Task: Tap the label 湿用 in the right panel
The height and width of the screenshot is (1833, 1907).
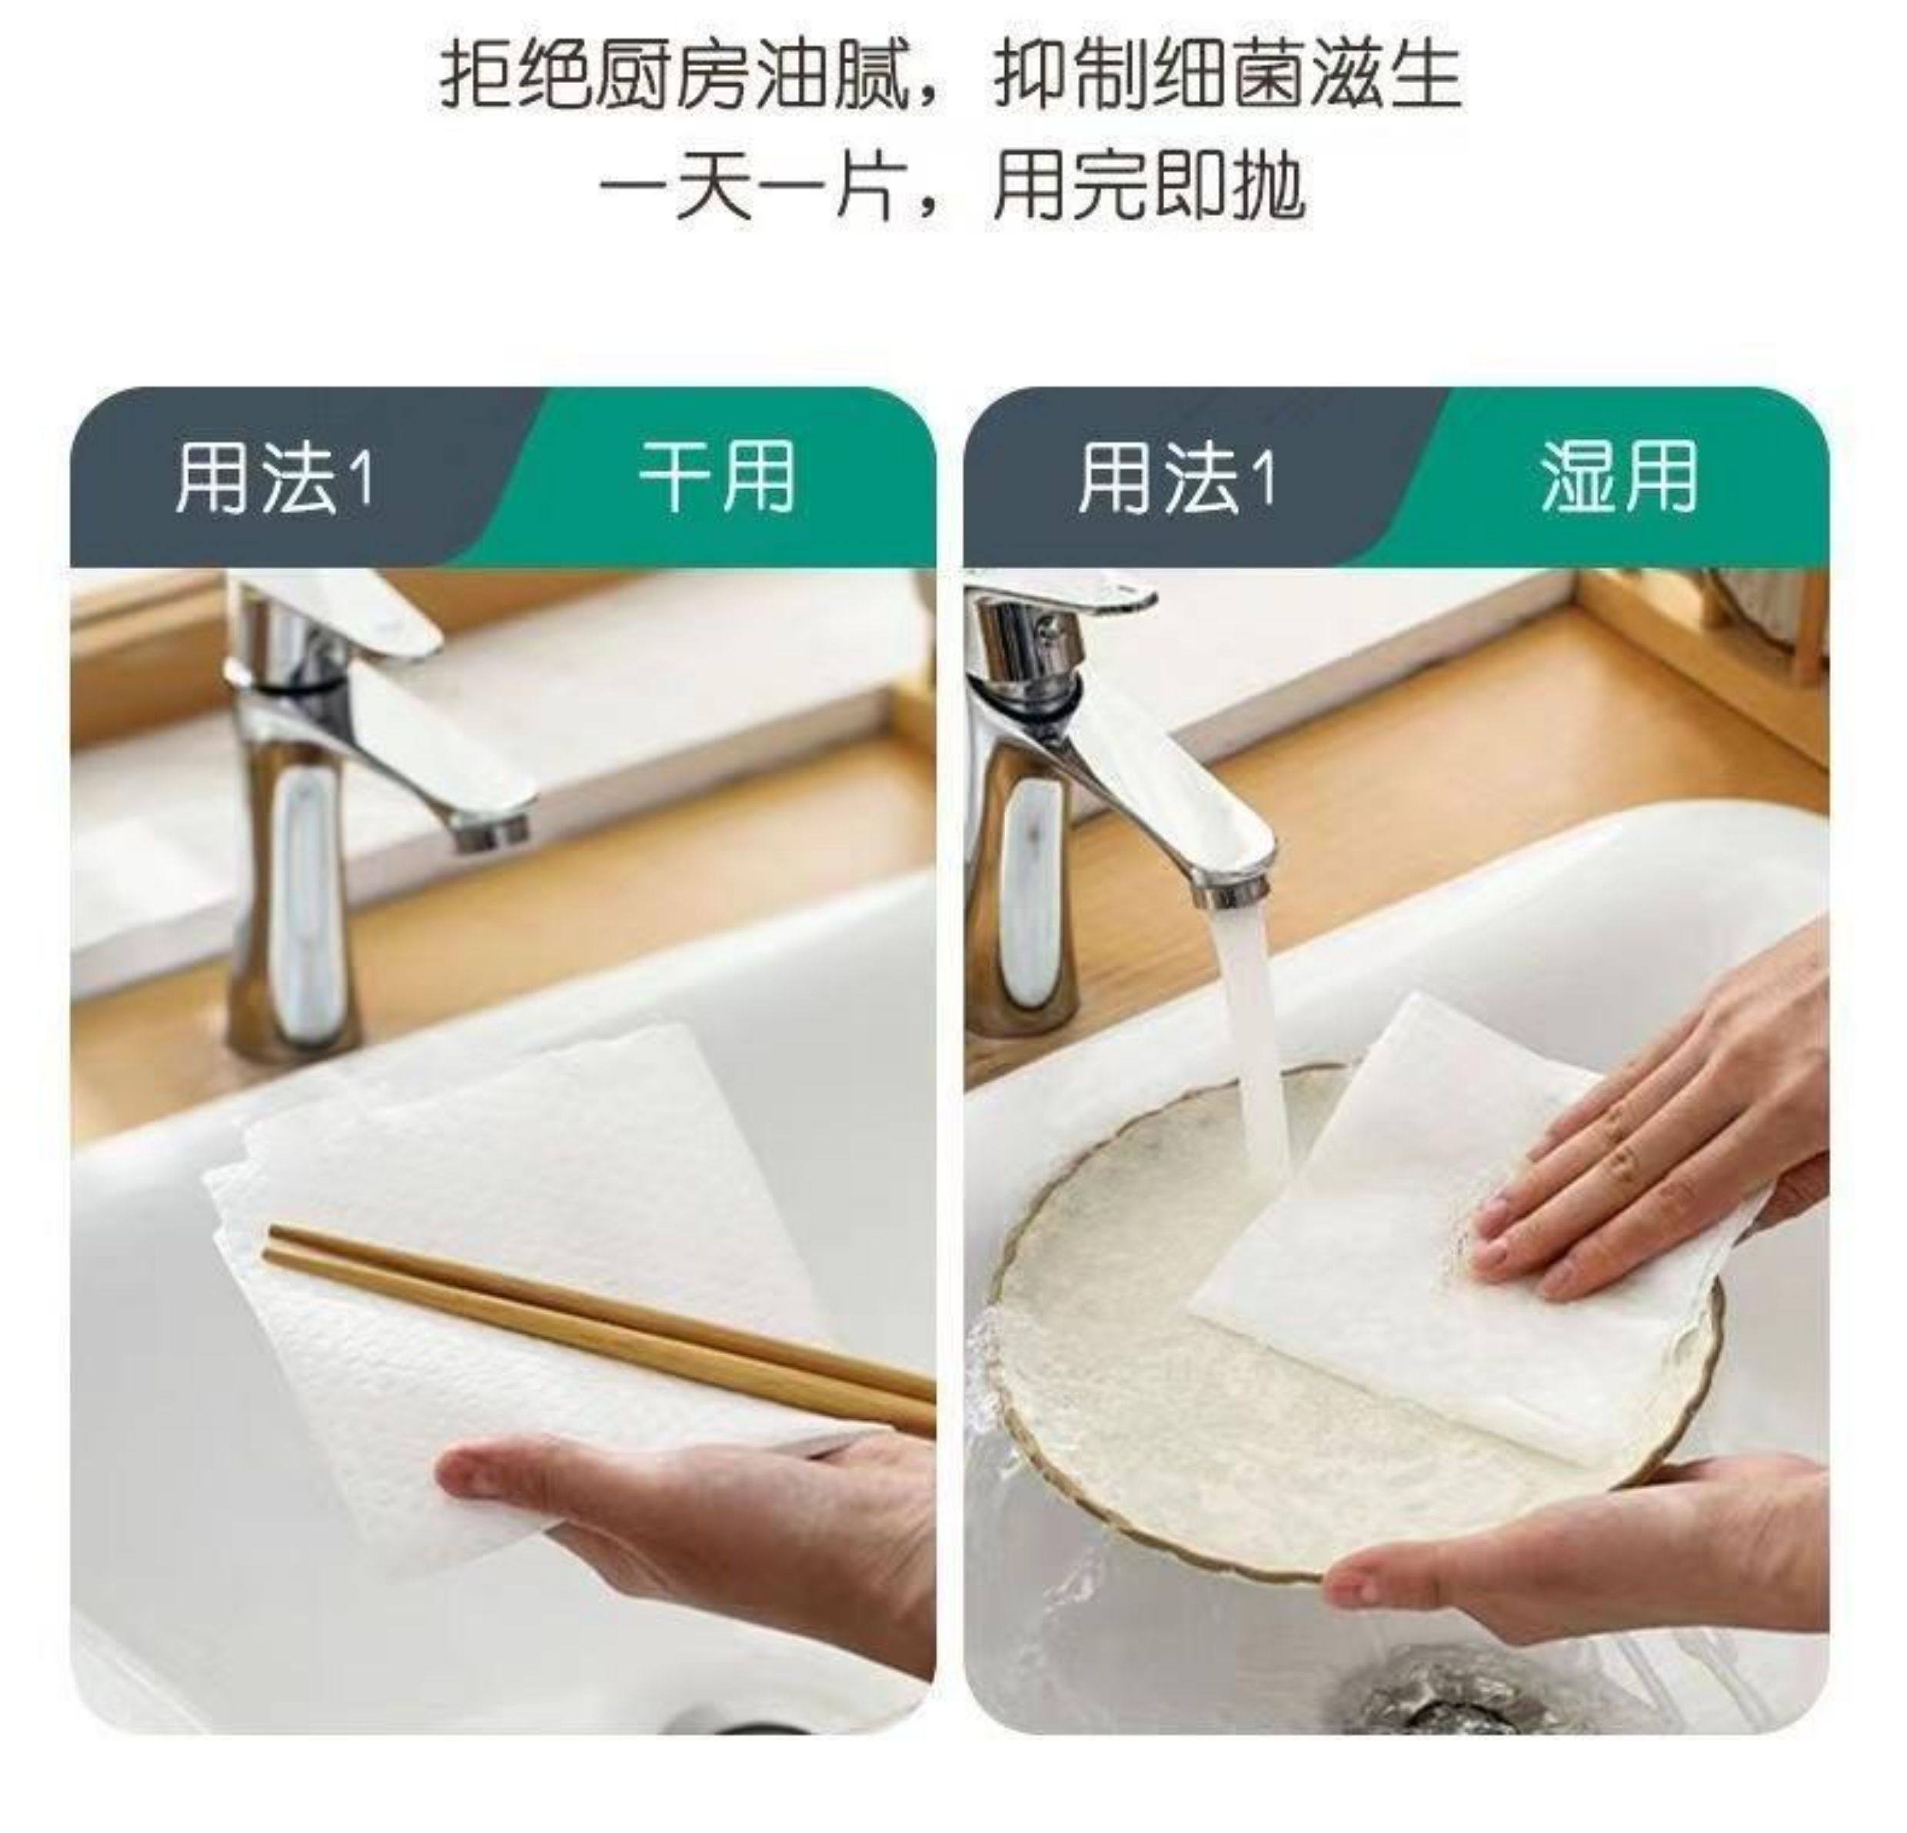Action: click(1619, 477)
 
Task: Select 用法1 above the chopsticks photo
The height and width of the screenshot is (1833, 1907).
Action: click(274, 477)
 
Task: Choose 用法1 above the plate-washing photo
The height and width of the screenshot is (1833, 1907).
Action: click(1176, 477)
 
